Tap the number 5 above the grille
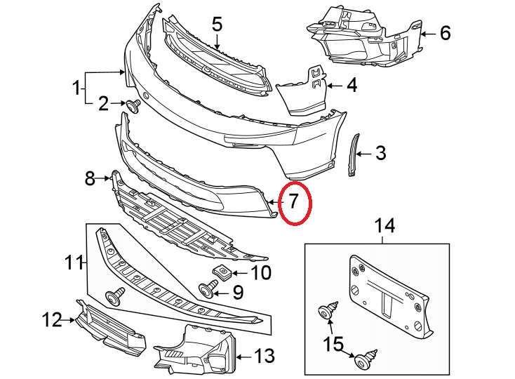click(217, 25)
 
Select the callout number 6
click(445, 32)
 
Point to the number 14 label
click(384, 226)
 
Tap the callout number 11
click(73, 263)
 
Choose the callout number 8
click(90, 178)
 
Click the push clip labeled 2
click(132, 105)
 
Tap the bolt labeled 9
click(208, 288)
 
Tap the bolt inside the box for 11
click(113, 296)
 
